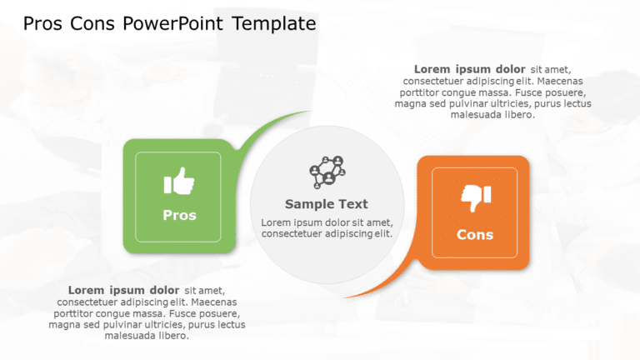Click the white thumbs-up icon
point(179,181)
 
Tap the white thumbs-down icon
point(476,197)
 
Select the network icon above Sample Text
point(327,172)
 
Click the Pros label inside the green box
point(179,215)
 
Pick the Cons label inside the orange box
point(475,235)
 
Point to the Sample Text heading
point(326,204)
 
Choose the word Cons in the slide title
point(92,23)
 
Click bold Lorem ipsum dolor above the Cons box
point(469,69)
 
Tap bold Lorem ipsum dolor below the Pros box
point(123,290)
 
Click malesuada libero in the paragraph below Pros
point(147,336)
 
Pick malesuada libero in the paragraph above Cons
point(492,115)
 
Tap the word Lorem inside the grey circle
point(277,222)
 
